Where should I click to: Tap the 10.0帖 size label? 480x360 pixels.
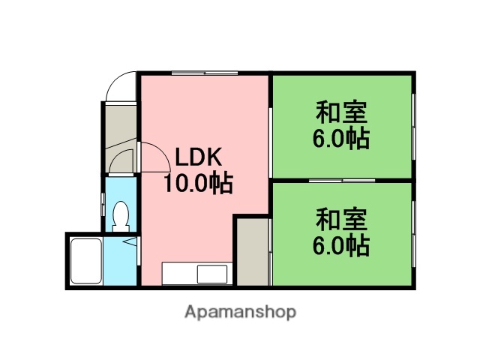198,182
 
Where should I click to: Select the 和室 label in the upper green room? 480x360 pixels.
341,113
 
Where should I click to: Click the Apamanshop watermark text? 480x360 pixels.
240,311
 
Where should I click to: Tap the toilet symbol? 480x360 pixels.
120,217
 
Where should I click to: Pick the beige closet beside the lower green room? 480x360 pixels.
253,251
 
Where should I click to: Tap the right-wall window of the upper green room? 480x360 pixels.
413,124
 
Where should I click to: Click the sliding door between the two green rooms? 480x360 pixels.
342,181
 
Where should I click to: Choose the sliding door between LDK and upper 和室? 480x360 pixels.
271,127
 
